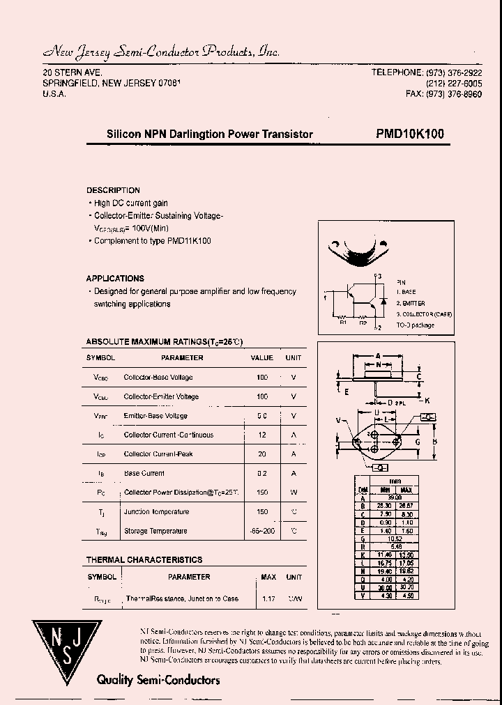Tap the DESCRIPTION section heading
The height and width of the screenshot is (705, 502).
(113, 190)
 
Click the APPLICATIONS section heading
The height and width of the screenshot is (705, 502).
(115, 278)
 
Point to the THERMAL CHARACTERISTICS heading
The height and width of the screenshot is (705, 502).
(144, 559)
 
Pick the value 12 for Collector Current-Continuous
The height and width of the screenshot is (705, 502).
(262, 435)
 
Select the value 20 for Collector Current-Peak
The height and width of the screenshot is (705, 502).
(262, 454)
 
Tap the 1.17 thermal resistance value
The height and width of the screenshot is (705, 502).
(268, 598)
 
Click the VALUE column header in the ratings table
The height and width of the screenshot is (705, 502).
(261, 357)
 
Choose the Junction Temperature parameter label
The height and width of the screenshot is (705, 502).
(156, 512)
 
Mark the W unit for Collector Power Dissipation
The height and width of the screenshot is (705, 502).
(294, 493)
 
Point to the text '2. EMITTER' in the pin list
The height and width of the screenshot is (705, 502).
(411, 304)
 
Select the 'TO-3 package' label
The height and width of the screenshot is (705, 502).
(416, 325)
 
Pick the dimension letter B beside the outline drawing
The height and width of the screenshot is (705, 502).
(435, 441)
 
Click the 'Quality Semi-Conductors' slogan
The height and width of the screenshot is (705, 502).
(158, 680)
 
